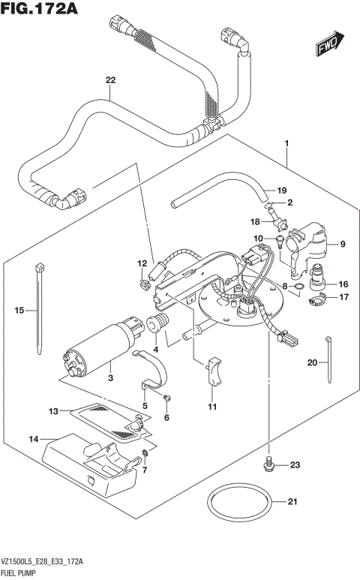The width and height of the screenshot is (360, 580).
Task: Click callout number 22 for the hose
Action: point(110,80)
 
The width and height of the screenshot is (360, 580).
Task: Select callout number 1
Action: point(286,142)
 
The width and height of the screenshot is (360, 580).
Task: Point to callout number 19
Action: point(283,190)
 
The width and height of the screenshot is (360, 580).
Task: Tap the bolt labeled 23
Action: point(268,466)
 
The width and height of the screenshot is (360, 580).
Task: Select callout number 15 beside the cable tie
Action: point(20,309)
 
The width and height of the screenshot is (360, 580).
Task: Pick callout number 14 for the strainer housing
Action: point(34,437)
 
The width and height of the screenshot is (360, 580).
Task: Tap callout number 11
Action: point(212,407)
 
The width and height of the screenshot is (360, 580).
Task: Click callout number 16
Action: point(343,284)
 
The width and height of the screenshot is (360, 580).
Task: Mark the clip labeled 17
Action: point(315,301)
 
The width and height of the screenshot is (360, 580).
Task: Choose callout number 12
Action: point(142,263)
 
